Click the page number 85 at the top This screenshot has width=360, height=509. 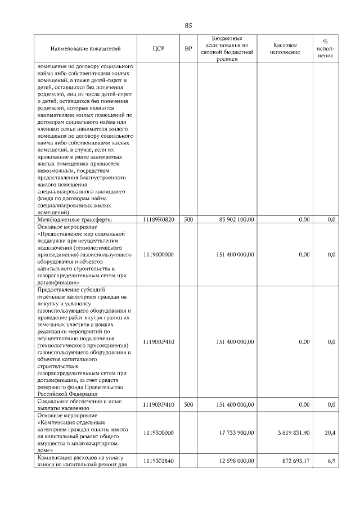click(x=188, y=25)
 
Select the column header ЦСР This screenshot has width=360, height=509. click(x=158, y=49)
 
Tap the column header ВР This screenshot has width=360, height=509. click(x=188, y=49)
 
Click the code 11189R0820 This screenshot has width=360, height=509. click(x=158, y=219)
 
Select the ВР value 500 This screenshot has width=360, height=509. click(x=188, y=219)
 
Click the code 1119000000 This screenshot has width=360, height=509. click(x=158, y=255)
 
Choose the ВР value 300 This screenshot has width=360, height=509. click(x=188, y=404)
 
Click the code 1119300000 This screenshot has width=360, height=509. click(x=158, y=433)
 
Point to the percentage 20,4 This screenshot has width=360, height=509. click(x=330, y=433)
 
